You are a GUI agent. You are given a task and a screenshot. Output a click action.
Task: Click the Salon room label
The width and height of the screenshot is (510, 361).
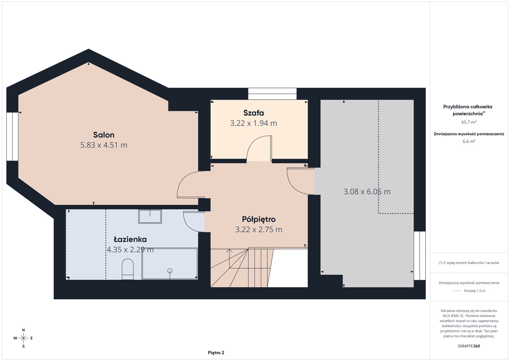104,135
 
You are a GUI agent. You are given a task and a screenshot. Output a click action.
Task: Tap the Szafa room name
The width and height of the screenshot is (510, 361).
254,113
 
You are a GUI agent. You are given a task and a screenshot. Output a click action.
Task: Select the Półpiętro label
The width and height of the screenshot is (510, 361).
259,219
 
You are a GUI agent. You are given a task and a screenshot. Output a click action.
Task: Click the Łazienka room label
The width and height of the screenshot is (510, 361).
130,239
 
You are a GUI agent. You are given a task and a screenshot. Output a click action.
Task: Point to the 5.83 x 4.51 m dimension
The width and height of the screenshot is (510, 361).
104,145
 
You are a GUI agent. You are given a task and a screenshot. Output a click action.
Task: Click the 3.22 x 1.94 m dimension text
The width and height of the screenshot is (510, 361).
254,123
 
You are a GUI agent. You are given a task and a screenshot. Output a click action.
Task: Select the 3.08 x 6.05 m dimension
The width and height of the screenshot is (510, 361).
367,192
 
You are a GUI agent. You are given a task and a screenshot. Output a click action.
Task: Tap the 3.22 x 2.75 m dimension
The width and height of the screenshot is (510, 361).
259,229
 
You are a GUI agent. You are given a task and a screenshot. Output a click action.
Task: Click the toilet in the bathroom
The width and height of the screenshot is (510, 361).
127,269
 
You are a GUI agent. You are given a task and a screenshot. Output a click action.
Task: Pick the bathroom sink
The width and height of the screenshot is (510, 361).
150,216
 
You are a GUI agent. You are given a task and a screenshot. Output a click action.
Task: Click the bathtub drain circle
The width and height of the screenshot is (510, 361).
170,271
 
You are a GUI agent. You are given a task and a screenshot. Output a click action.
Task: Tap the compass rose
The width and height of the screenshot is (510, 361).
23,338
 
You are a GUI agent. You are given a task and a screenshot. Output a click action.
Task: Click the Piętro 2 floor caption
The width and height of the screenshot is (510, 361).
216,353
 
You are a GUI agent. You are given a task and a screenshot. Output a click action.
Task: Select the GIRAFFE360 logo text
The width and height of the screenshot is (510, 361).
469,346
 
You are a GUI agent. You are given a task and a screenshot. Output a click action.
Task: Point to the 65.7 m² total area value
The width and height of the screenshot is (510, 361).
469,122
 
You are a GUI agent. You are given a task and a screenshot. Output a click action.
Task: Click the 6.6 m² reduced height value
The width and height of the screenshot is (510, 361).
469,141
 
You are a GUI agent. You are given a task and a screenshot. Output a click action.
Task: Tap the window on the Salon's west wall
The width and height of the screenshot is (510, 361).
12,137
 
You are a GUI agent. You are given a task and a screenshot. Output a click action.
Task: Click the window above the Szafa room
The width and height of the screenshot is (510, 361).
272,94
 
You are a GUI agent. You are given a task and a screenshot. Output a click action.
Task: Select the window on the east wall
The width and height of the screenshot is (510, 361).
420,256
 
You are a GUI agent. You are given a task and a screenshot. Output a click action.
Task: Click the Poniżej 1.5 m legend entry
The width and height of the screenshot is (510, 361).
469,291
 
